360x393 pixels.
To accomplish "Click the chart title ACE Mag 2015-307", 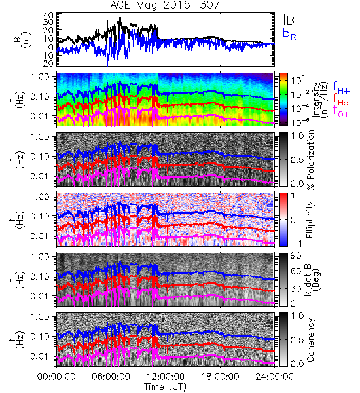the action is click(x=165, y=5).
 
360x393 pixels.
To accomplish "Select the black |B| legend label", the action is click(x=291, y=20).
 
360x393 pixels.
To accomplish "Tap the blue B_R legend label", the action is click(x=289, y=33).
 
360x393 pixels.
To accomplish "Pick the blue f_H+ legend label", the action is click(x=341, y=88).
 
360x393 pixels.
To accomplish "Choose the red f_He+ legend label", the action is click(x=344, y=100).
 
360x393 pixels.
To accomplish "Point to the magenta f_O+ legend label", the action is click(x=341, y=111).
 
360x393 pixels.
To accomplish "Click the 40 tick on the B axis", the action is click(x=48, y=16).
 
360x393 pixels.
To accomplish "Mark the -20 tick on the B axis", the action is click(x=45, y=64).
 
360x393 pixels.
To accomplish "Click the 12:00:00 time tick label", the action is click(x=166, y=377).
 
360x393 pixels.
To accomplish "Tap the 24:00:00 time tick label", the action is click(x=274, y=377).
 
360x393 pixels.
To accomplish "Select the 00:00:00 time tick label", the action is click(x=56, y=377).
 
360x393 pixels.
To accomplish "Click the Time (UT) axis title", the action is click(x=165, y=386).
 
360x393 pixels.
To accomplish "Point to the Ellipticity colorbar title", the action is click(x=310, y=219).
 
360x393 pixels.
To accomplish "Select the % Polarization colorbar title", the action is click(x=310, y=160).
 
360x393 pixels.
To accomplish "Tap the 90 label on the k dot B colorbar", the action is click(x=296, y=256).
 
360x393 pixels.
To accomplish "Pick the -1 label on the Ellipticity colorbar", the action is click(x=296, y=244).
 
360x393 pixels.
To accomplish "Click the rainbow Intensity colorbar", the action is click(x=283, y=100).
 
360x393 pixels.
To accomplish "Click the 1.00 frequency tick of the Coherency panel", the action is click(x=40, y=317).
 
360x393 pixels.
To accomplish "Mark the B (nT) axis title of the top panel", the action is click(x=23, y=39).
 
